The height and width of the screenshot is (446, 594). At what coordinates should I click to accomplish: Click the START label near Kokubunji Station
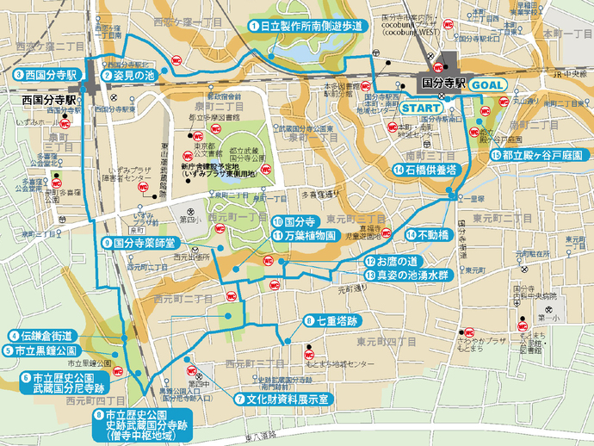pyautogui.click(x=421, y=108)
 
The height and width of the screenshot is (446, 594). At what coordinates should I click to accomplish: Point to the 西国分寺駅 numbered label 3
pyautogui.click(x=36, y=76)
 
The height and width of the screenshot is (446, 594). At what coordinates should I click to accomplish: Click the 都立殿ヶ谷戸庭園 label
pyautogui.click(x=538, y=155)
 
